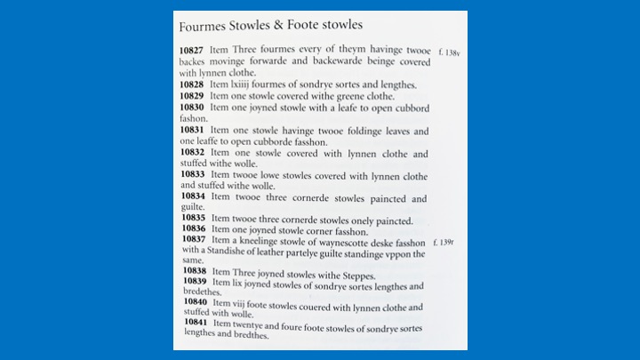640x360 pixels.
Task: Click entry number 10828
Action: (x=194, y=84)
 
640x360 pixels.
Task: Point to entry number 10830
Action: (x=194, y=107)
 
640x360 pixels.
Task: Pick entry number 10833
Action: (x=194, y=175)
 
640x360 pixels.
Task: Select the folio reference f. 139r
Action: (x=446, y=242)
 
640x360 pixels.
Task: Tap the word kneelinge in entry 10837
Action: (x=266, y=241)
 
